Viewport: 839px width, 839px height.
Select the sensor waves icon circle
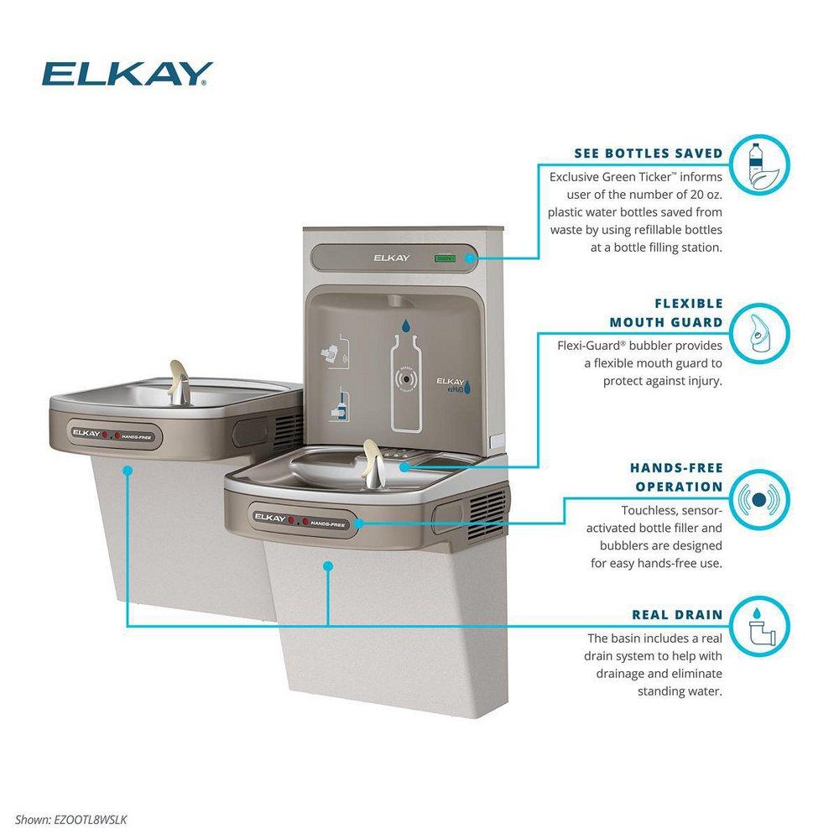(x=761, y=499)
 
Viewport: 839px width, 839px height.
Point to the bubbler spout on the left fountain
(x=177, y=378)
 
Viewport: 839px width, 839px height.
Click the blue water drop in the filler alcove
(x=406, y=325)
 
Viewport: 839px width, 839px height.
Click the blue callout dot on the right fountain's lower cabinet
(x=329, y=566)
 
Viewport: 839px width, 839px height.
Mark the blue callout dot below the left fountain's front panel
(x=127, y=472)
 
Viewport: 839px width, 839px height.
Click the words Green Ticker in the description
(x=643, y=178)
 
